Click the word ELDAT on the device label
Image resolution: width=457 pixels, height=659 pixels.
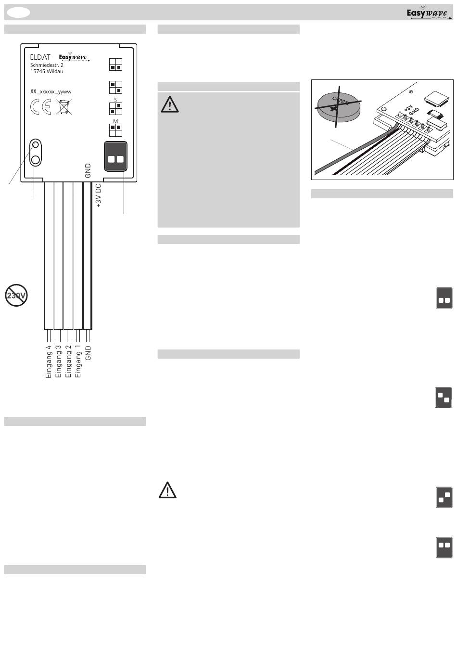40,57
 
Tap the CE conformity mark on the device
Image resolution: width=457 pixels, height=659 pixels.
40,106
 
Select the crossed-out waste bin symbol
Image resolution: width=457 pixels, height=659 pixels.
64,107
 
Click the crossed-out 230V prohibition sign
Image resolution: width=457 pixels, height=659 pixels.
16,295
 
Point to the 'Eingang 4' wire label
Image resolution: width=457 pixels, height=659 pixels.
49,362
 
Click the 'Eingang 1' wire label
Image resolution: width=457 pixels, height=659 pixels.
77,362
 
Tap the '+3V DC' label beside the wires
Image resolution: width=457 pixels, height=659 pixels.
99,196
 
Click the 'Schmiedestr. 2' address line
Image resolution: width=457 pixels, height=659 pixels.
47,65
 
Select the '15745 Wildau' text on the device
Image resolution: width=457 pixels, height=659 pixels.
47,71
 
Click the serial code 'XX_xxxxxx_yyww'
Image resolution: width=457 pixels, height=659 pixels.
51,91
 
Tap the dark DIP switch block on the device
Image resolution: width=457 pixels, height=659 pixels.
115,156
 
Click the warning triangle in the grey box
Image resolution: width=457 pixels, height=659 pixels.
170,104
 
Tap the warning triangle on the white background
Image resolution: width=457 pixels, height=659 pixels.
167,491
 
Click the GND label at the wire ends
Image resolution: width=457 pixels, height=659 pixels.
88,353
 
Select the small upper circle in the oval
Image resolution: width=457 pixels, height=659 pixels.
36,145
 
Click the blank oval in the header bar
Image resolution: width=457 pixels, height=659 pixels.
18,13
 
